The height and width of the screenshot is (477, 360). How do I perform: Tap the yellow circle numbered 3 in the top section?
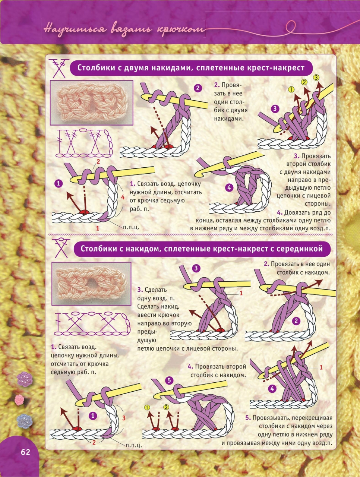pyautogui.click(x=316, y=78)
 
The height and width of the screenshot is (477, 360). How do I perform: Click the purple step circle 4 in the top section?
pyautogui.click(x=229, y=187)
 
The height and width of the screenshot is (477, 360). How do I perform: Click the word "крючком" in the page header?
pyautogui.click(x=181, y=29)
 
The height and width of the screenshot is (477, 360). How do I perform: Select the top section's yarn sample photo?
pyautogui.click(x=91, y=103)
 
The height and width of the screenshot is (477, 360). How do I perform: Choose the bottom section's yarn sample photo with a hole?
pyautogui.click(x=91, y=284)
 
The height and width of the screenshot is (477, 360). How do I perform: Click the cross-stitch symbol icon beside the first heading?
pyautogui.click(x=59, y=68)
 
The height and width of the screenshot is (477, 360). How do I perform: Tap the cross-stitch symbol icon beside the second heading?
pyautogui.click(x=62, y=248)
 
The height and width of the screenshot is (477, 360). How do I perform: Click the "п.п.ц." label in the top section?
pyautogui.click(x=131, y=227)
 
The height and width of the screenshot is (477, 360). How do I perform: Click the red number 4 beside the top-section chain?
pyautogui.click(x=123, y=197)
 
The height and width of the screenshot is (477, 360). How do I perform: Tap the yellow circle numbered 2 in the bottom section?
pyautogui.click(x=166, y=407)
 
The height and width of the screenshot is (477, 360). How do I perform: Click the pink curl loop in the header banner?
pyautogui.click(x=291, y=26)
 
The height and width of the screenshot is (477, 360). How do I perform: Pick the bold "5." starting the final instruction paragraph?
pyautogui.click(x=248, y=418)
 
